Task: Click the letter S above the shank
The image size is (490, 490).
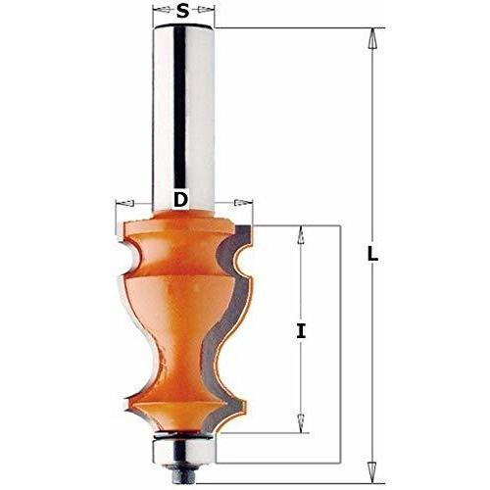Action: [x=183, y=11]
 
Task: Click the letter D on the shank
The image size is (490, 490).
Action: [x=180, y=199]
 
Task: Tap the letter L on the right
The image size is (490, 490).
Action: [x=372, y=254]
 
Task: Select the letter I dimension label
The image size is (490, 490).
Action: [x=301, y=330]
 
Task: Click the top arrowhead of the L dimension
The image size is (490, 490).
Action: [x=371, y=38]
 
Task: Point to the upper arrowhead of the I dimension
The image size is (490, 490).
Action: [x=301, y=235]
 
